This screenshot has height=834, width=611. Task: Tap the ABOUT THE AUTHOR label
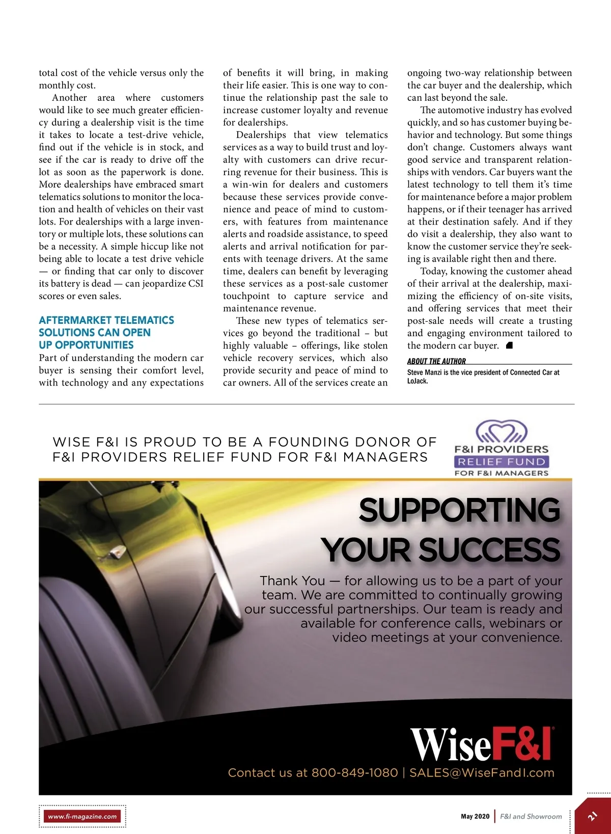click(436, 361)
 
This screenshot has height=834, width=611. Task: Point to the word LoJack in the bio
click(416, 381)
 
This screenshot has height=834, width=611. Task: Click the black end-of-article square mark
click(509, 346)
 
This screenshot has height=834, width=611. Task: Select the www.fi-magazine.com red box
click(82, 816)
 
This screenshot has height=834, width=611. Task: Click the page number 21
click(593, 817)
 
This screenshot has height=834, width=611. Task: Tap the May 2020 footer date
click(475, 816)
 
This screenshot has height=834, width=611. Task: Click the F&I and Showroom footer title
click(531, 816)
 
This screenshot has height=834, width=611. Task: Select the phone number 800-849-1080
click(354, 773)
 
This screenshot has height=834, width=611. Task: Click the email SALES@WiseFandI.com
click(482, 773)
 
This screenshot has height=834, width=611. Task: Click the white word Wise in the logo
click(451, 745)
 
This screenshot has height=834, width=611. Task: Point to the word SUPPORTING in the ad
click(459, 510)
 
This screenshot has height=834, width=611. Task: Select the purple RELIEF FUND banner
click(502, 462)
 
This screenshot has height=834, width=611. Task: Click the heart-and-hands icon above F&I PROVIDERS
click(502, 431)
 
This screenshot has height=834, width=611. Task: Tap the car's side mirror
click(119, 551)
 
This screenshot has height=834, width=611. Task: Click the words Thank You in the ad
click(292, 581)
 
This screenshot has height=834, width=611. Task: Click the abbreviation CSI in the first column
click(196, 284)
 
